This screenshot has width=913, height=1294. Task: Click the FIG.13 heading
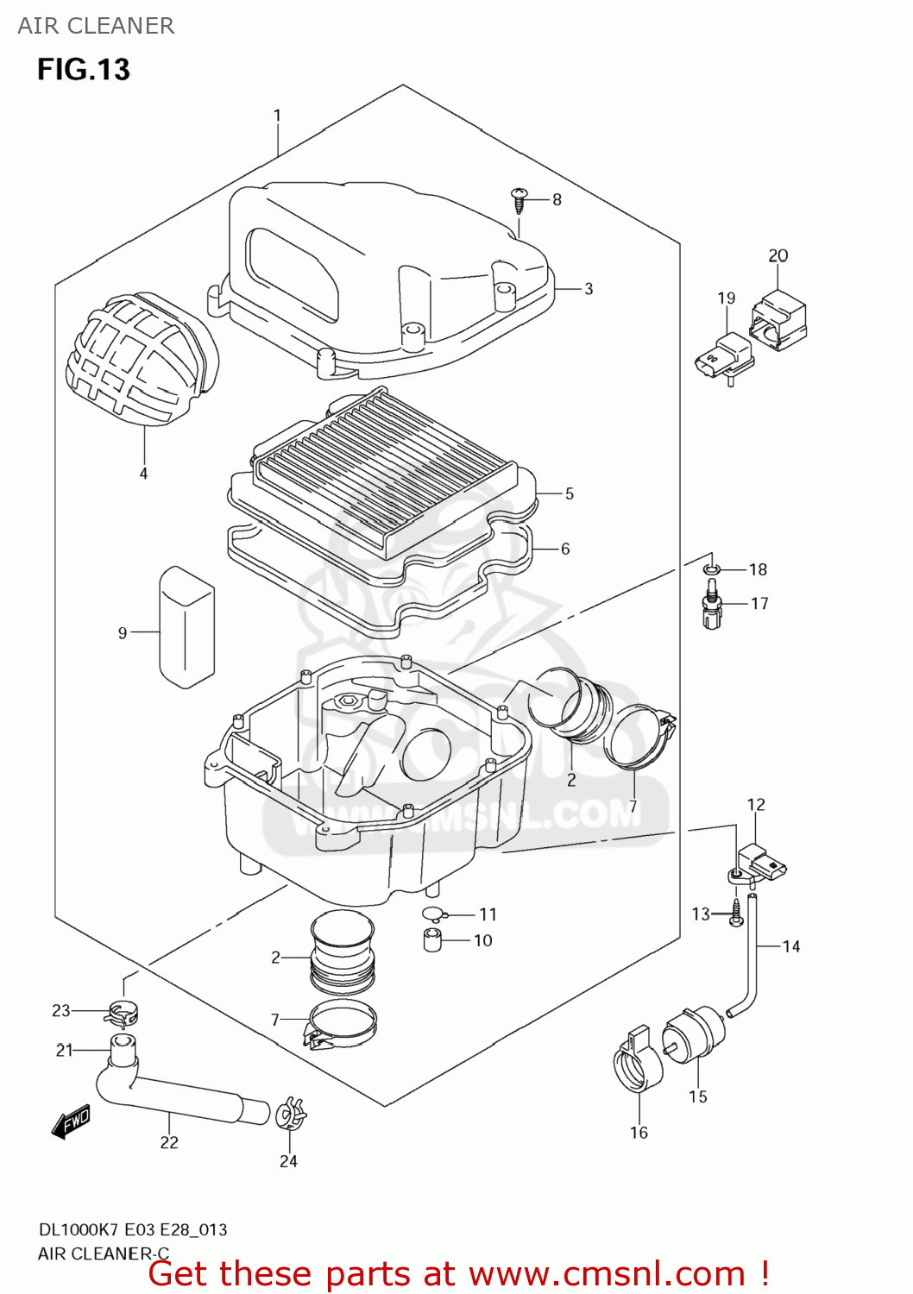tap(83, 69)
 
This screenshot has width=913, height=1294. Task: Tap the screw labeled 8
tap(519, 200)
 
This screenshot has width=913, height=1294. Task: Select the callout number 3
tap(589, 289)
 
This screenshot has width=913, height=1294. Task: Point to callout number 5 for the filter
tap(569, 493)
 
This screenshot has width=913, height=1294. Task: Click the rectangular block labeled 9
tap(186, 627)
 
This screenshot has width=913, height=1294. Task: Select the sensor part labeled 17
tap(712, 605)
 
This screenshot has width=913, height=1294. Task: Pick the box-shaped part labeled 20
tap(778, 320)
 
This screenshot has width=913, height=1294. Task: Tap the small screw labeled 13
tap(735, 913)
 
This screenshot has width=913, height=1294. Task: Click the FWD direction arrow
tap(71, 1122)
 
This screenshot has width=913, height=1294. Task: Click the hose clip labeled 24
tap(290, 1115)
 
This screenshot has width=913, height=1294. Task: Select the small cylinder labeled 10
tap(433, 940)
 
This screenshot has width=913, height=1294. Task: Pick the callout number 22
tap(169, 1142)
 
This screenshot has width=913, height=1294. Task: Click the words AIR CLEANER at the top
tap(96, 26)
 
